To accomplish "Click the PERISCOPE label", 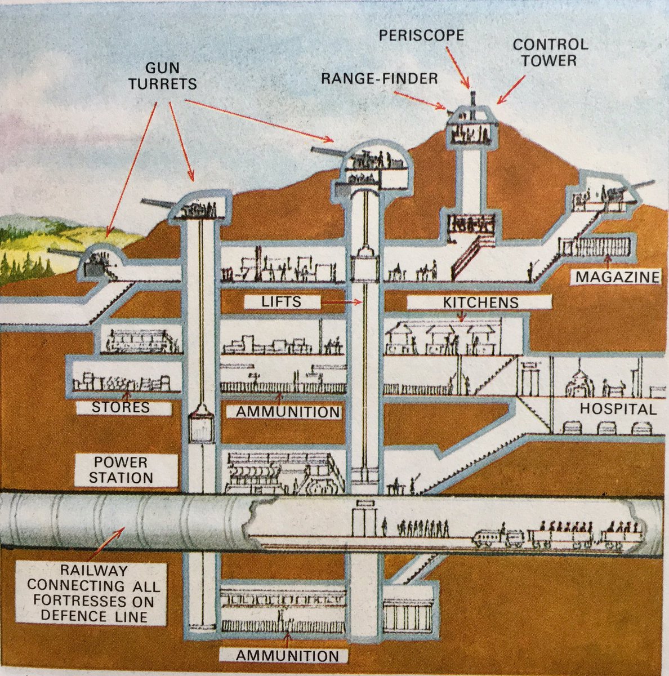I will click(x=421, y=35).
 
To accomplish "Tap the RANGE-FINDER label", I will click(x=379, y=78).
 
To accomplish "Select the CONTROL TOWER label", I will click(x=550, y=52).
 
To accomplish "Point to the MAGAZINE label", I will click(x=616, y=277).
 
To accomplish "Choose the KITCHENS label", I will click(x=479, y=303).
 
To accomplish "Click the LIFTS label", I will click(x=282, y=302).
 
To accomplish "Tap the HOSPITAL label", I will click(x=618, y=409).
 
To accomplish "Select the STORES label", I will click(x=122, y=407).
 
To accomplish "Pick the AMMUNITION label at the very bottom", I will click(x=287, y=656).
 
